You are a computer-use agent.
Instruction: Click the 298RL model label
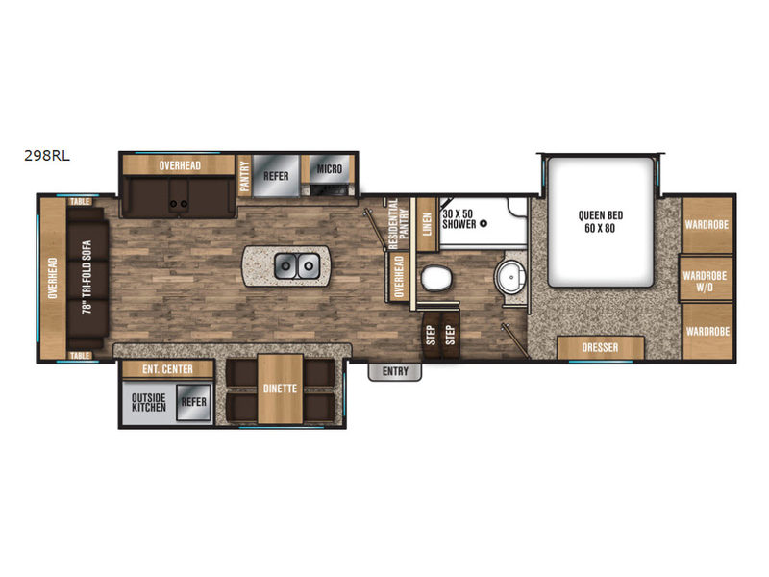click(x=47, y=156)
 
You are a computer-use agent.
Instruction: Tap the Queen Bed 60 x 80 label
click(x=600, y=222)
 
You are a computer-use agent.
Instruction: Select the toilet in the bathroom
click(x=435, y=278)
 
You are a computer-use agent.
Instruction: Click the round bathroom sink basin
click(x=510, y=278)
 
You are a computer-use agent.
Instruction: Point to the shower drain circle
click(x=484, y=224)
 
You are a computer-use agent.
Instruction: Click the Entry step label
click(x=395, y=372)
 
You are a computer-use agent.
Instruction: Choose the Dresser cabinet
click(x=600, y=347)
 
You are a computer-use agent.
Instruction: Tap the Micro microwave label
click(x=329, y=169)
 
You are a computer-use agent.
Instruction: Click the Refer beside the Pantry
click(x=276, y=176)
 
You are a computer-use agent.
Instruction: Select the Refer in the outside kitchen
click(x=194, y=402)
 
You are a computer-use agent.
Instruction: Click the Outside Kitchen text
click(x=149, y=402)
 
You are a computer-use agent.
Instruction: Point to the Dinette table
click(x=280, y=389)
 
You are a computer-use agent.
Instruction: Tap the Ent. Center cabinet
click(x=167, y=369)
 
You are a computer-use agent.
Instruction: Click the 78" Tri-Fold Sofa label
click(x=87, y=277)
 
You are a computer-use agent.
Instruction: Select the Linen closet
click(x=427, y=224)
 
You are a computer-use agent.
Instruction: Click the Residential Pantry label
click(x=398, y=224)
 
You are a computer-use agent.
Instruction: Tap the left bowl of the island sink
click(x=285, y=266)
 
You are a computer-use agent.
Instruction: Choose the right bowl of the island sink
click(x=308, y=266)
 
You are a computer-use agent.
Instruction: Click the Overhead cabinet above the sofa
click(x=53, y=278)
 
